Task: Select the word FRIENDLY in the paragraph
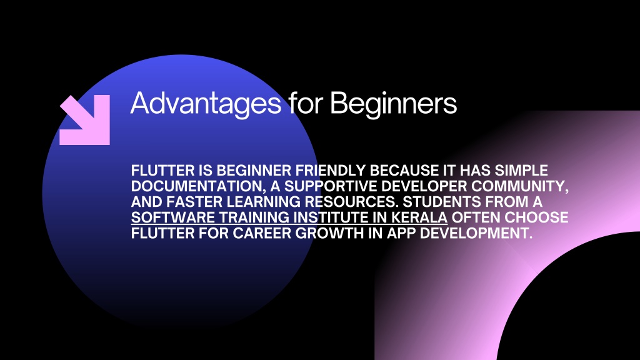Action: click(330, 170)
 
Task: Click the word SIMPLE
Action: click(521, 170)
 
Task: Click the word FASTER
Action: click(194, 202)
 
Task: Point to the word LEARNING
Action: click(264, 202)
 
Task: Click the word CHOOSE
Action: click(537, 217)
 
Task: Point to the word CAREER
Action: click(262, 233)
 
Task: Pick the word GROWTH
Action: click(329, 233)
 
